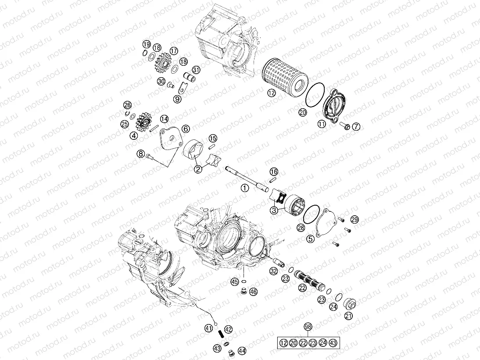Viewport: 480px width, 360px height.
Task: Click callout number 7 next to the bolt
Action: [x=355, y=127]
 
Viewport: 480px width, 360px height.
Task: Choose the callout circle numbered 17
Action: [x=174, y=51]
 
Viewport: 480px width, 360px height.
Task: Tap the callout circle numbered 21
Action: [x=348, y=315]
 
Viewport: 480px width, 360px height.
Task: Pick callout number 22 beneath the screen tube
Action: [x=302, y=288]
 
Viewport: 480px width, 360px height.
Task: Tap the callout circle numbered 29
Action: [x=355, y=219]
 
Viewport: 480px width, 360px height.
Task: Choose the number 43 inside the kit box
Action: [x=333, y=342]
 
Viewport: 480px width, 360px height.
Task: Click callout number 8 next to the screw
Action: [x=140, y=154]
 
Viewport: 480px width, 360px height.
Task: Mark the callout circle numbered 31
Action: [x=196, y=70]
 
